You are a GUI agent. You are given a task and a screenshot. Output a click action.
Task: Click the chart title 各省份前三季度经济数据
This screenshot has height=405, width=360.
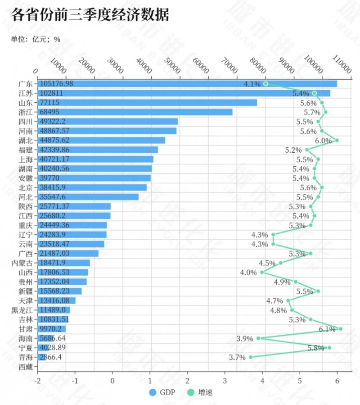tap(90, 16)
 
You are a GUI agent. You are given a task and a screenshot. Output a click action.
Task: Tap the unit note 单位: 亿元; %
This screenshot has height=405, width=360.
tap(36, 39)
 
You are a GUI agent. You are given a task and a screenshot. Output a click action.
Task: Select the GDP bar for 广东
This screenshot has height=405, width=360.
tap(187, 84)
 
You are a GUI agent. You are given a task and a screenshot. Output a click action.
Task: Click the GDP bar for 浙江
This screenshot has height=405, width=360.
tap(135, 112)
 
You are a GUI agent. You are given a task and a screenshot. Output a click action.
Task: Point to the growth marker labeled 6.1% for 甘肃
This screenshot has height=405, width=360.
tap(341, 329)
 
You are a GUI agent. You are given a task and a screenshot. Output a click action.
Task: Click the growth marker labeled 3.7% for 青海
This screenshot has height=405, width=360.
tap(251, 357)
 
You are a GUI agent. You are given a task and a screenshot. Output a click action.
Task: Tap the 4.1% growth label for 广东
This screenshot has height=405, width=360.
tap(252, 84)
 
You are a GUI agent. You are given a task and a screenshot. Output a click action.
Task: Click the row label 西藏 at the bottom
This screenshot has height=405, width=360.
tap(26, 367)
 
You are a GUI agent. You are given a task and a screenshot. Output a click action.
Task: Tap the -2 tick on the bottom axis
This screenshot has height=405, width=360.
tap(38, 380)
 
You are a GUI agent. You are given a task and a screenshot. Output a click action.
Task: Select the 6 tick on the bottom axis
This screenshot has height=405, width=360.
tap(337, 380)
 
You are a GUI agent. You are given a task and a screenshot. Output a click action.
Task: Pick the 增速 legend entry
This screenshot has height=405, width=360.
tap(200, 392)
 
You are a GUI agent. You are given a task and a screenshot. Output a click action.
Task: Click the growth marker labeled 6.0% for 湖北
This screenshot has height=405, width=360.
tap(337, 140)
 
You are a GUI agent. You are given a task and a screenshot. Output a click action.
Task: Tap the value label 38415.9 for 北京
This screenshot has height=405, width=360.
tap(53, 187)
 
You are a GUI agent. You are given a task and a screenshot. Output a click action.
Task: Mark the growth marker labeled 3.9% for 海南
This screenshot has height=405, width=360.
tap(258, 338)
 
